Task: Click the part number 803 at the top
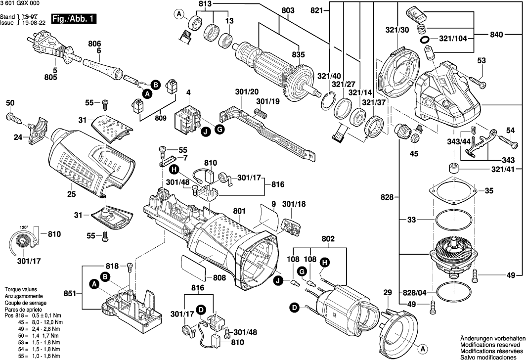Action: tap(288, 10)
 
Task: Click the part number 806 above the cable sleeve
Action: tap(94, 44)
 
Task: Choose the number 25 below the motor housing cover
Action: tap(72, 194)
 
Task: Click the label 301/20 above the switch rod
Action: tap(247, 92)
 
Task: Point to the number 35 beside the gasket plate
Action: tap(488, 190)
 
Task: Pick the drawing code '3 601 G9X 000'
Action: tap(20, 3)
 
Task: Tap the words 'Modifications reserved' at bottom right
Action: tap(490, 343)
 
